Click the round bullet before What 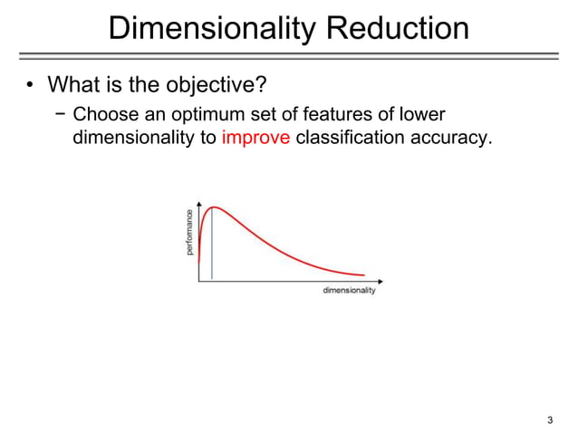[29, 89]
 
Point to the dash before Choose [61, 116]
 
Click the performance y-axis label [189, 232]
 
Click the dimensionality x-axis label [349, 291]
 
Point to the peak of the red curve [214, 207]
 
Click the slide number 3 [550, 419]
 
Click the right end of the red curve [364, 275]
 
